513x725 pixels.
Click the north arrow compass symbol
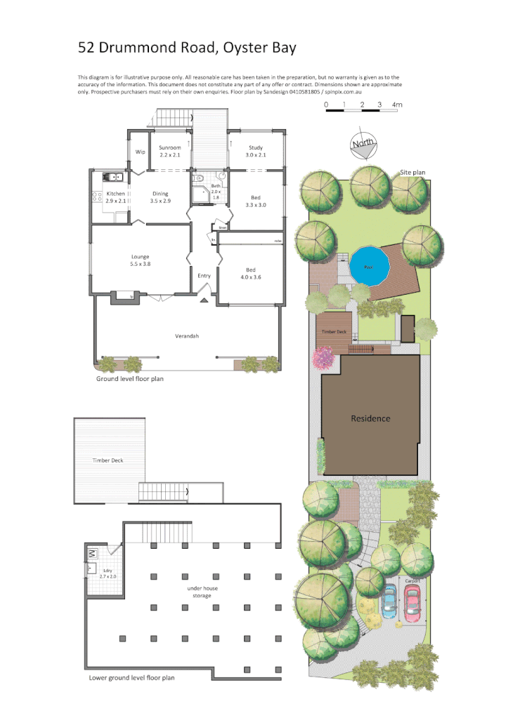(x=363, y=144)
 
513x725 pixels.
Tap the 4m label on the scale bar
(x=397, y=105)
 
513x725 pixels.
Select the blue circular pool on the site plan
(x=370, y=265)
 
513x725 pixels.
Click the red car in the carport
(x=411, y=604)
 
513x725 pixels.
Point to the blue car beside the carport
(x=388, y=604)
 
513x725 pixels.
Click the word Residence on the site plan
(x=370, y=418)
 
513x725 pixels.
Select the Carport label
(x=412, y=581)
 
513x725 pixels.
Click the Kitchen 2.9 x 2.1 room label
(x=115, y=197)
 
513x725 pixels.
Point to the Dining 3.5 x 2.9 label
(x=160, y=197)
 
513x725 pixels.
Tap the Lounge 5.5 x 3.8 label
(x=139, y=260)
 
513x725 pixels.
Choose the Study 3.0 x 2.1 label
(x=255, y=151)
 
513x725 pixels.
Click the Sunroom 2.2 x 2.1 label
(x=169, y=151)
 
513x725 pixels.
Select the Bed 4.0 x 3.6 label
(x=250, y=274)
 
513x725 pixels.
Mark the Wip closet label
(x=140, y=152)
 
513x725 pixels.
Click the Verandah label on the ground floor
(x=187, y=336)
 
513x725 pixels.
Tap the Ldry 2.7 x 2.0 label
(x=108, y=575)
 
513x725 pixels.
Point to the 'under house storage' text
(x=199, y=592)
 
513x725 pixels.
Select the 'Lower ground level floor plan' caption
(x=131, y=678)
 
